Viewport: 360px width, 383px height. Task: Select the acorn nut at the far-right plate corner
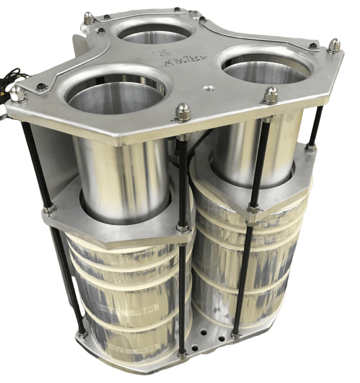(x=334, y=45)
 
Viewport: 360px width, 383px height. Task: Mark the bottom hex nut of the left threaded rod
(x=82, y=335)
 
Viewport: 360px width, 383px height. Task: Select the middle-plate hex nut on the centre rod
(x=183, y=228)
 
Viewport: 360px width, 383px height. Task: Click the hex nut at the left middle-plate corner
(x=50, y=209)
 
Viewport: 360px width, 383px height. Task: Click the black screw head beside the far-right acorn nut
(x=314, y=46)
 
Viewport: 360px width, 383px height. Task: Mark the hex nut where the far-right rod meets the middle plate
(x=310, y=147)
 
